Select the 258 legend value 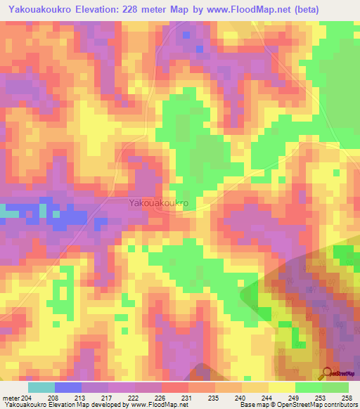click(x=347, y=397)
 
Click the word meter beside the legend click(x=10, y=397)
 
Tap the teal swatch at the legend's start click(x=41, y=387)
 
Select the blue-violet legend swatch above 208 click(x=68, y=387)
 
